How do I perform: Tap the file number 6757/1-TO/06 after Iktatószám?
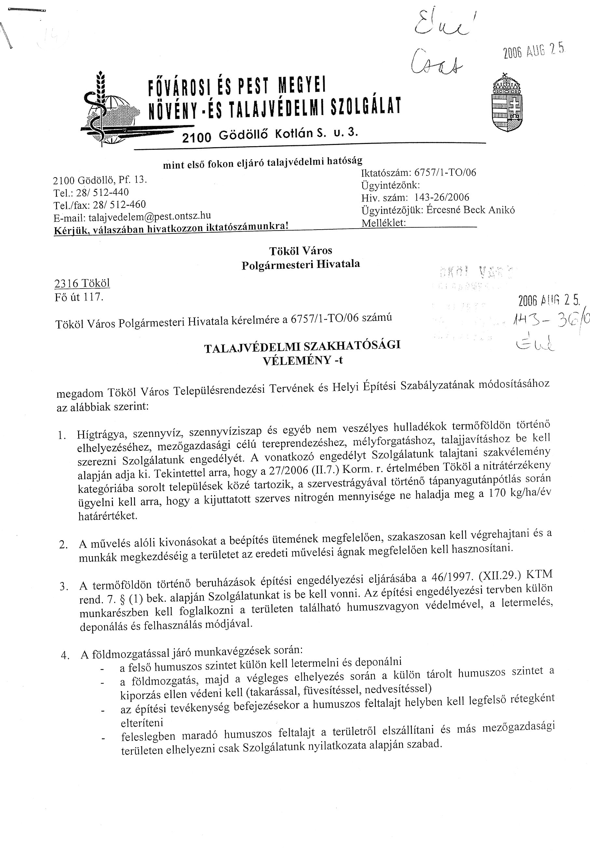445,172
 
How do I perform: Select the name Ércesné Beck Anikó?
470,210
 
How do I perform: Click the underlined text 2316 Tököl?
82,283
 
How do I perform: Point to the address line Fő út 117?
79,297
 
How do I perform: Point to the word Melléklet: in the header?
383,223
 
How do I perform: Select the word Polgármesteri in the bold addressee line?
274,265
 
